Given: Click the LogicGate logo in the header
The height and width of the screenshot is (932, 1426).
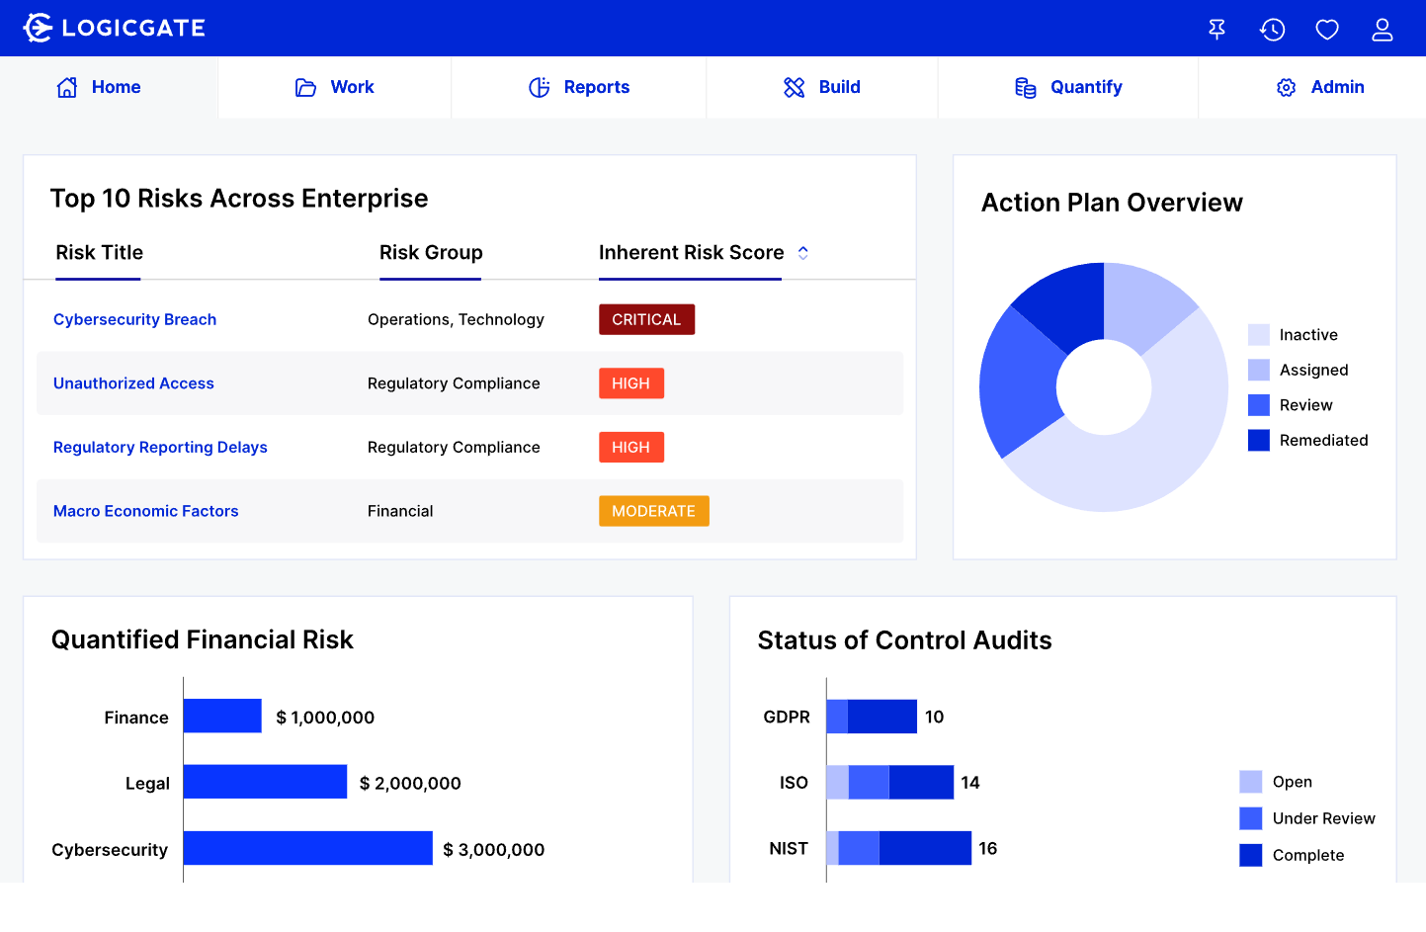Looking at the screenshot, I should click(x=114, y=28).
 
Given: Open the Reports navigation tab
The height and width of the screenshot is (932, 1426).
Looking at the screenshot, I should click(x=579, y=87).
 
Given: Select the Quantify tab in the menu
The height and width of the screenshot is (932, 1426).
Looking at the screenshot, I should click(x=1068, y=87).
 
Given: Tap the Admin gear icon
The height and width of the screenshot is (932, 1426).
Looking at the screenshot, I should click(x=1286, y=88).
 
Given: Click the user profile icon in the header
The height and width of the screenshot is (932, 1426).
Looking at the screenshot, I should click(x=1382, y=30).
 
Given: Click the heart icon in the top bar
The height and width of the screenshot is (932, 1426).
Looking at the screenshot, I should click(x=1326, y=30).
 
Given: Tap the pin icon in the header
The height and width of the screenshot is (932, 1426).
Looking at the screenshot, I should click(x=1216, y=30).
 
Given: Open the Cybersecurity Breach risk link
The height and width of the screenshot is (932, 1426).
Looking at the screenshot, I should click(x=134, y=319).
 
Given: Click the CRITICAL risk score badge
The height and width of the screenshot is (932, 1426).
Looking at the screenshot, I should click(x=646, y=319).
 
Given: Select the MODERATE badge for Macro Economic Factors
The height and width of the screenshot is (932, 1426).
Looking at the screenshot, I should click(x=653, y=511).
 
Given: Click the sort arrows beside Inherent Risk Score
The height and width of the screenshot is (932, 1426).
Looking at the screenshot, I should click(x=803, y=253).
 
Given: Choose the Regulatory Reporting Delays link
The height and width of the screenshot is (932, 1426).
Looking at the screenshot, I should click(x=160, y=447).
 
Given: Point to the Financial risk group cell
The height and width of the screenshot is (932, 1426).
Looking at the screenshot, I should click(x=400, y=511).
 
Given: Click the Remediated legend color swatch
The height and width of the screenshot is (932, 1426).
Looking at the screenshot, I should click(x=1258, y=441).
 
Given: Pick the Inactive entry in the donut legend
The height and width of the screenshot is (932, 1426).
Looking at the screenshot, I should click(x=1307, y=335).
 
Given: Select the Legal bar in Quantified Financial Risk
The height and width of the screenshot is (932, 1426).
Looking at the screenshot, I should click(x=265, y=782).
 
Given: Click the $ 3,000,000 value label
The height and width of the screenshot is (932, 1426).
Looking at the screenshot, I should click(x=493, y=850).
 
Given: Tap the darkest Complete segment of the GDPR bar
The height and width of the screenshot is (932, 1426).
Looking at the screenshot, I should click(x=881, y=717).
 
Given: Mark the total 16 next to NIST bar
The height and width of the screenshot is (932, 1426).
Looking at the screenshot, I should click(x=987, y=848).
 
